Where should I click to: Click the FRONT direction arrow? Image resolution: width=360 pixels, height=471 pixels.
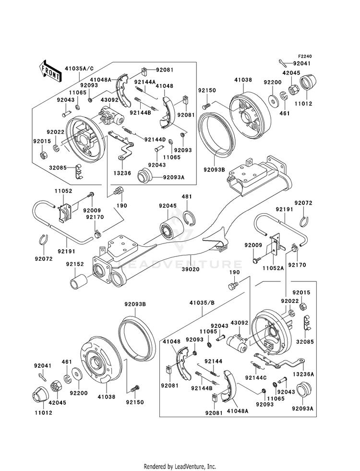50,71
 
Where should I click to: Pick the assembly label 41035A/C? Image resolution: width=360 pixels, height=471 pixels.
80,70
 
